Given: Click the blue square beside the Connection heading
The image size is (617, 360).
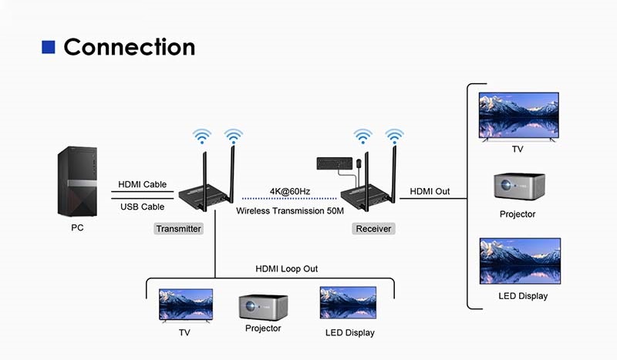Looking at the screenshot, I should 48,47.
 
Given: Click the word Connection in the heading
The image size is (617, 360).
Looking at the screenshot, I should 129,46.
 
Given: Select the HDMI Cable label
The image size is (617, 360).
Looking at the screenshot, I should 142,185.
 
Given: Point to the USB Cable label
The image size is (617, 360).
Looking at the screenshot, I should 142,207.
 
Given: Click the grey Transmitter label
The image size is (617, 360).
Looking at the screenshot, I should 178,229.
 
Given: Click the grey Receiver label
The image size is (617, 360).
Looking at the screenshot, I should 373,229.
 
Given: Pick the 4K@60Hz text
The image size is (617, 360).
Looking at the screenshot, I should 289,190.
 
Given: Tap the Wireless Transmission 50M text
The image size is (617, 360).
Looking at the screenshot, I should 289,210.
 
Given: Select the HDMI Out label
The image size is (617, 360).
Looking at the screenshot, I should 430,190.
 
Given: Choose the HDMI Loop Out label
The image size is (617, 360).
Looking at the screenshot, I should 286,268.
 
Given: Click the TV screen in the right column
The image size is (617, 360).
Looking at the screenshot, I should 518,115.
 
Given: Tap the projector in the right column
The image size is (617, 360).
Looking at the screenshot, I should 519,187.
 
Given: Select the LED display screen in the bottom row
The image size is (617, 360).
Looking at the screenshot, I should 348,304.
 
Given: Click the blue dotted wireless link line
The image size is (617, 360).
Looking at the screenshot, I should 289,200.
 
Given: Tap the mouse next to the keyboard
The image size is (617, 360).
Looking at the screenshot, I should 360,163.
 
